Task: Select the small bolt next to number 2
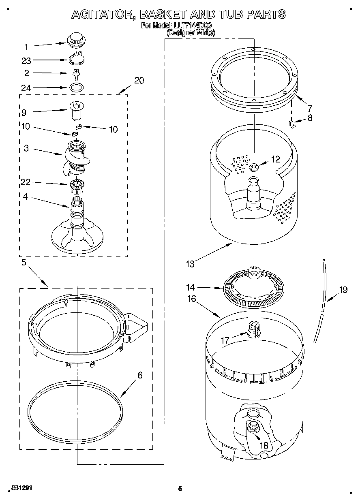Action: (x=75, y=73)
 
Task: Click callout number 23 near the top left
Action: (x=26, y=60)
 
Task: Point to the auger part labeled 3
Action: (x=75, y=156)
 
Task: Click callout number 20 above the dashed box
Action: (x=139, y=80)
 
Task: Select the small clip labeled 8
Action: (x=291, y=123)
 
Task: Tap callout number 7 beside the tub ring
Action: (x=309, y=108)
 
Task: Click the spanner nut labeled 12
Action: (x=254, y=167)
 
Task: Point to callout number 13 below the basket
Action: (x=190, y=265)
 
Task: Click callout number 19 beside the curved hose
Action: (x=343, y=290)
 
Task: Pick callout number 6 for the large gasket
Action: (x=140, y=375)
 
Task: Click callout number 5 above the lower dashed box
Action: (x=24, y=263)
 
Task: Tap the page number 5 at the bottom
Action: (x=180, y=489)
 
